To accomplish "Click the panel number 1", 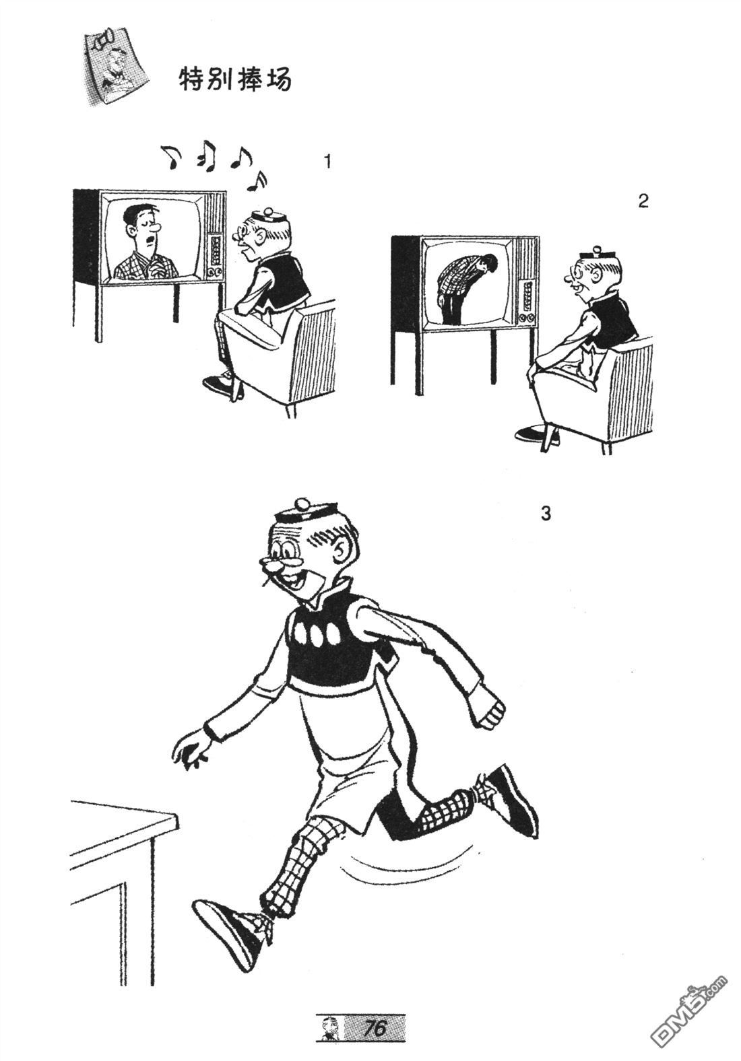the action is (x=327, y=162).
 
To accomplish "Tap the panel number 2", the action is (x=643, y=201).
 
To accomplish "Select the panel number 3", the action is (x=546, y=514).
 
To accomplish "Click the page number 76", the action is (x=375, y=1027).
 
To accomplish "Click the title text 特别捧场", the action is (x=235, y=79).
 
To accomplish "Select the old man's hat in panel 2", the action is (x=594, y=253).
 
